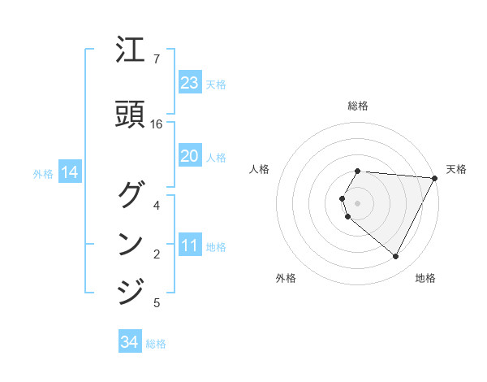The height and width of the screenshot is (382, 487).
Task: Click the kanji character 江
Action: (131, 54)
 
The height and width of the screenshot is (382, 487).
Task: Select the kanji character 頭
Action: (131, 114)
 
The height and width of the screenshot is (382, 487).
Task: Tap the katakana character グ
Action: (131, 196)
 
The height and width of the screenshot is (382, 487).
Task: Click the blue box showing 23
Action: (189, 83)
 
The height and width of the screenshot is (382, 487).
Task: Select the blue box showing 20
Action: (189, 156)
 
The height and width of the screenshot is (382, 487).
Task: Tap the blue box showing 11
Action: (189, 245)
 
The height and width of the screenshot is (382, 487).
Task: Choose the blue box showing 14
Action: (69, 172)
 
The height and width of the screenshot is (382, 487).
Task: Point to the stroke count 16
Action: (157, 124)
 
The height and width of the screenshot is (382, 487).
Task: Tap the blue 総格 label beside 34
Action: (156, 344)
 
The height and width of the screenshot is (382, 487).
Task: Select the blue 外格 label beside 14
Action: (43, 173)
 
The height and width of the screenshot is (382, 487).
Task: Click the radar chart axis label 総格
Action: (358, 106)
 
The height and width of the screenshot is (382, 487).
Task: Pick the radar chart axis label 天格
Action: (456, 169)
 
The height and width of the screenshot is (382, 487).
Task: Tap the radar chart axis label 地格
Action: (425, 278)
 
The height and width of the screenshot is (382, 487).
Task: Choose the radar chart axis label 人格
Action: (260, 169)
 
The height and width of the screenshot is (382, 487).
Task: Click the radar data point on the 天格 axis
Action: (435, 178)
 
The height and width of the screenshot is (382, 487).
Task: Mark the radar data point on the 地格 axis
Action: (395, 257)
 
